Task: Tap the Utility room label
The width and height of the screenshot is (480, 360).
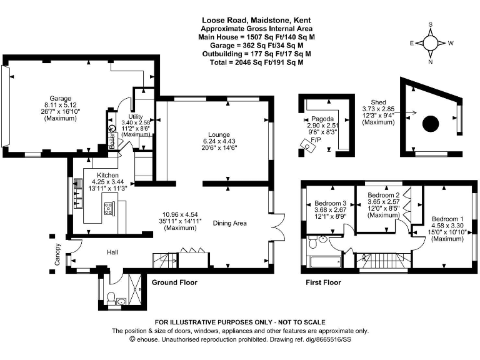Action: (x=136, y=117)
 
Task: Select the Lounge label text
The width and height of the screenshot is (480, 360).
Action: (x=220, y=135)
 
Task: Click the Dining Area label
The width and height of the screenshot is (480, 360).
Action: (x=230, y=223)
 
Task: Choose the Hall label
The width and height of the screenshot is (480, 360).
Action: (x=112, y=252)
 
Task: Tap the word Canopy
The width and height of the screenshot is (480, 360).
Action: (x=57, y=254)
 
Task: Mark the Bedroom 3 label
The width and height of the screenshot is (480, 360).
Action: (x=331, y=204)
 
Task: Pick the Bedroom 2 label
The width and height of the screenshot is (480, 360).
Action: (x=382, y=195)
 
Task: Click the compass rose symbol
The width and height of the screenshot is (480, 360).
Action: (x=431, y=42)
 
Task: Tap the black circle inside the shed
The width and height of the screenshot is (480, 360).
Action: (x=431, y=124)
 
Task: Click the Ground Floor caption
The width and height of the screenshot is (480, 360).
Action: (x=174, y=282)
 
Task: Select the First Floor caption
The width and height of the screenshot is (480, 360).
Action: (x=323, y=282)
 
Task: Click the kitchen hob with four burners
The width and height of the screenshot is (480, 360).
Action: (x=108, y=209)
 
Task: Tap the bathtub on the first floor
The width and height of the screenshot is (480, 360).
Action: (x=324, y=261)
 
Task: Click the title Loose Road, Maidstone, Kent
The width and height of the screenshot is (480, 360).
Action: (x=256, y=21)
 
